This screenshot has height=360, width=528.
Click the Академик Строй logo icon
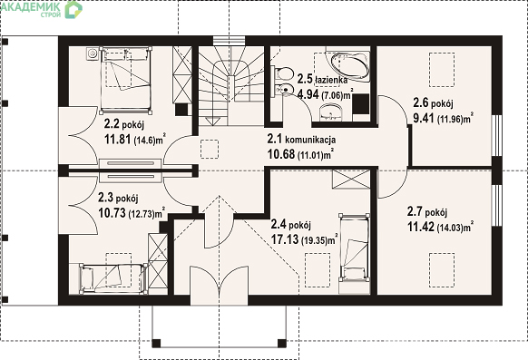(x=73, y=9)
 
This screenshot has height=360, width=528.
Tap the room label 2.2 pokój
(x=124, y=124)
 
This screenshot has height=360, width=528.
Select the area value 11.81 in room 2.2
(x=117, y=139)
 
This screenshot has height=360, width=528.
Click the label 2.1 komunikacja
(x=301, y=139)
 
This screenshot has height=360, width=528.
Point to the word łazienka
(x=331, y=80)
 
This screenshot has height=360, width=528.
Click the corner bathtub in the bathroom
(x=349, y=66)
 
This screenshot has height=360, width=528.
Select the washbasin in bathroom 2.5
(x=330, y=112)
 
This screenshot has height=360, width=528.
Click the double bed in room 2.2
(x=125, y=80)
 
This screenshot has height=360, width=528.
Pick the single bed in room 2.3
(x=112, y=277)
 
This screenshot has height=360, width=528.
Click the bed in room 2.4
(x=354, y=248)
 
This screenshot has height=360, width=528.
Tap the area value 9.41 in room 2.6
(x=424, y=118)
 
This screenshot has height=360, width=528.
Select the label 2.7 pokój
(x=427, y=212)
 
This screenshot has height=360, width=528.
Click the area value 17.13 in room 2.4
(x=285, y=239)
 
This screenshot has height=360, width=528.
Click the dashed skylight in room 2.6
(x=442, y=69)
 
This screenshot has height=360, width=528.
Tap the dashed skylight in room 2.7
(x=442, y=270)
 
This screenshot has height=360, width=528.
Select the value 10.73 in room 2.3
(x=112, y=212)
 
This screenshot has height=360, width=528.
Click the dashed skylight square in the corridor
(x=210, y=149)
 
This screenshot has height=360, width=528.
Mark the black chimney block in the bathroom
(x=361, y=104)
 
